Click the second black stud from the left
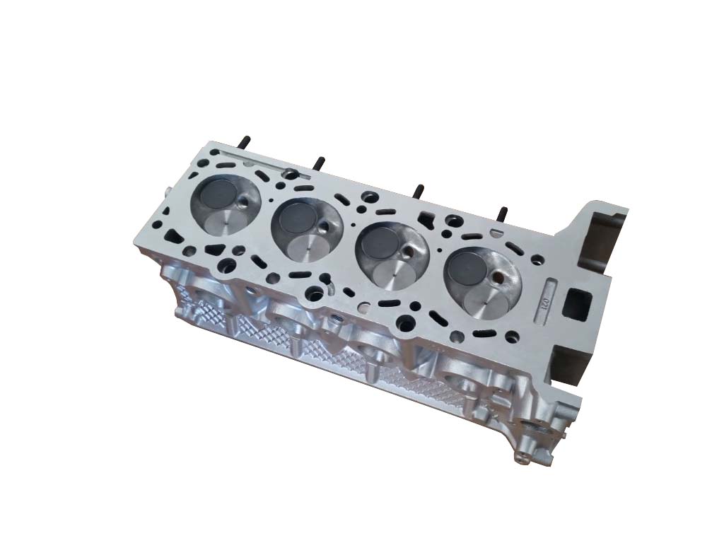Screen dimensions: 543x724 pos(319,164)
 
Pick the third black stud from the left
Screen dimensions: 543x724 pos(419,192)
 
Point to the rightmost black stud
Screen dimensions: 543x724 pos(503,214)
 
